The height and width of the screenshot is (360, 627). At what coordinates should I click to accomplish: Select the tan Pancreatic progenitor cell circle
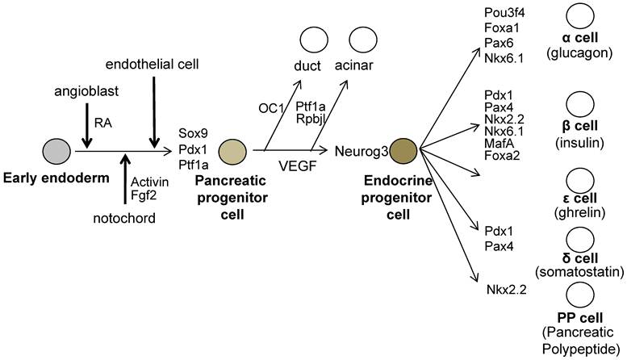[x=232, y=150]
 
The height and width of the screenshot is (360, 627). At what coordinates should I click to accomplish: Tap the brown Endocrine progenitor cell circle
[x=403, y=150]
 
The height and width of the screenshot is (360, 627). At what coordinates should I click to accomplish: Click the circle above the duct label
[x=312, y=40]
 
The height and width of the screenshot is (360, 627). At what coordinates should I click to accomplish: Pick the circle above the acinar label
[x=362, y=40]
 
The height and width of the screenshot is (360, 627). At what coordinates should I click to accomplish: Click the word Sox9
[x=194, y=135]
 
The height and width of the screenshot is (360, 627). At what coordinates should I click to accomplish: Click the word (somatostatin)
[x=579, y=271]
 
